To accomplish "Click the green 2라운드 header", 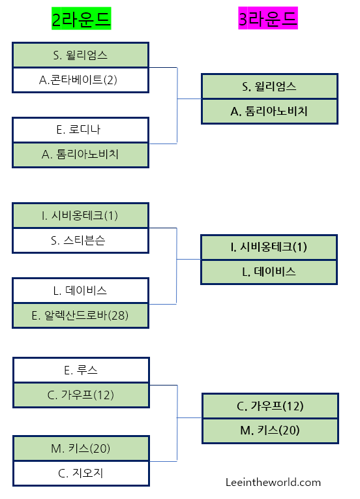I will point(82,20).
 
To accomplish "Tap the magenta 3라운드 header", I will point(268,20).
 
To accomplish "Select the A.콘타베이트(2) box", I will point(80,80).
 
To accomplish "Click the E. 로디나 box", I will point(80,130).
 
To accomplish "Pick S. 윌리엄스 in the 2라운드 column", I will point(80,55).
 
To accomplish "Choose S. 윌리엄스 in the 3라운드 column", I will point(269,86).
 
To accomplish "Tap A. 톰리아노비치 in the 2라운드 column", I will point(80,155).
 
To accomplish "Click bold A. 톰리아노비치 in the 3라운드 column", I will point(269,111).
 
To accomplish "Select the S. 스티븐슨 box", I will point(80,240).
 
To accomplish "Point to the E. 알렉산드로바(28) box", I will point(80,315).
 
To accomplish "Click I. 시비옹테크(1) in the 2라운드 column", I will point(80,215).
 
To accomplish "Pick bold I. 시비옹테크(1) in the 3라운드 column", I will point(269,247).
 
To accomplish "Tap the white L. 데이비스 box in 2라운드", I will point(80,290).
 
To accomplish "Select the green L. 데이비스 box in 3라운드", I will point(269,271).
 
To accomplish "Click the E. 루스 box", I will point(80,370).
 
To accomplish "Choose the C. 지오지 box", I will point(80,473).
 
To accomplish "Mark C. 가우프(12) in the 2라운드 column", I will point(80,395).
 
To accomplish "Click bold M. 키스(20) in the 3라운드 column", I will point(270,431).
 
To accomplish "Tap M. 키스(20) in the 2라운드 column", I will point(80,448).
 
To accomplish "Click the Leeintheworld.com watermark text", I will point(273,482).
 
